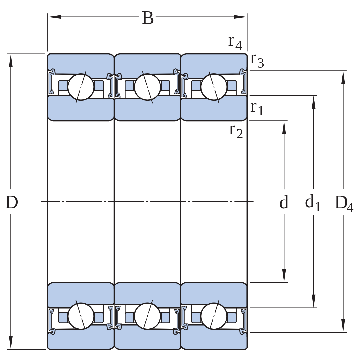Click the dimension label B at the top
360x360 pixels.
pos(148,18)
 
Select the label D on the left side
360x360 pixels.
pos(12,202)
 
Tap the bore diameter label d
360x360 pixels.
pos(284,202)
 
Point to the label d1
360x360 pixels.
pos(312,203)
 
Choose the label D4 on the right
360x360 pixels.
pos(344,203)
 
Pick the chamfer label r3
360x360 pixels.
pos(257,61)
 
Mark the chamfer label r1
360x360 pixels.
pos(257,109)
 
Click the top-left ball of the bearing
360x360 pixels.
pos(81,87)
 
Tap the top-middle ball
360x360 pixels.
pos(147,87)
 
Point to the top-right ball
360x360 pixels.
pos(214,87)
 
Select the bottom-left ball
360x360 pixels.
pos(81,316)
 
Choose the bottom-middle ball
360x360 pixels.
pos(147,316)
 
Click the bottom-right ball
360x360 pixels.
pos(214,316)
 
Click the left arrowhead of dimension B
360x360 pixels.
pos(54,17)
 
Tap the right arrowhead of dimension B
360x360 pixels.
pos(240,17)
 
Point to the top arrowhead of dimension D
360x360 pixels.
pos(11,61)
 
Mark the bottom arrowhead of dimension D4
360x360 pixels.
pos(343,326)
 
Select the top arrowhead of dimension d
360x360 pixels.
pos(284,127)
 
